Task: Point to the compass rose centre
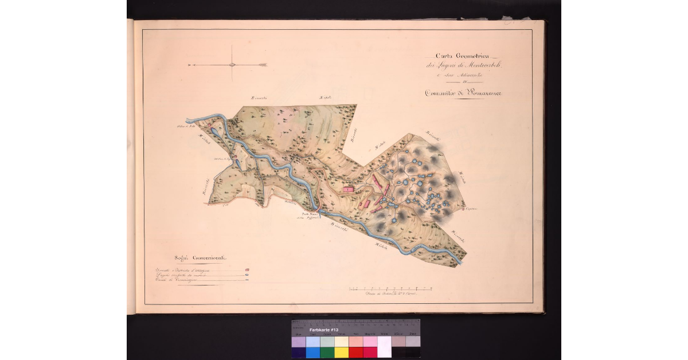(x=232, y=64)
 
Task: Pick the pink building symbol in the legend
(x=247, y=269)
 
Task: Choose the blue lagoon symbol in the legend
(x=247, y=276)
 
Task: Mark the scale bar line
(x=390, y=286)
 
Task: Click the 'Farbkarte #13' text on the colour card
(x=325, y=331)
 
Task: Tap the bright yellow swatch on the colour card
(x=341, y=352)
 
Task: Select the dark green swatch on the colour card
(x=327, y=352)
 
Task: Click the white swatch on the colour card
(x=384, y=347)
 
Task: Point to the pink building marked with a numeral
(x=347, y=187)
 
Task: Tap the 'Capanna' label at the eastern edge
(x=471, y=210)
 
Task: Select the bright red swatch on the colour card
(x=355, y=352)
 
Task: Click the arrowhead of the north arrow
(x=264, y=65)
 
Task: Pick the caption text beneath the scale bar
(x=390, y=293)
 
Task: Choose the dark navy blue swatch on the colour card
(x=298, y=352)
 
